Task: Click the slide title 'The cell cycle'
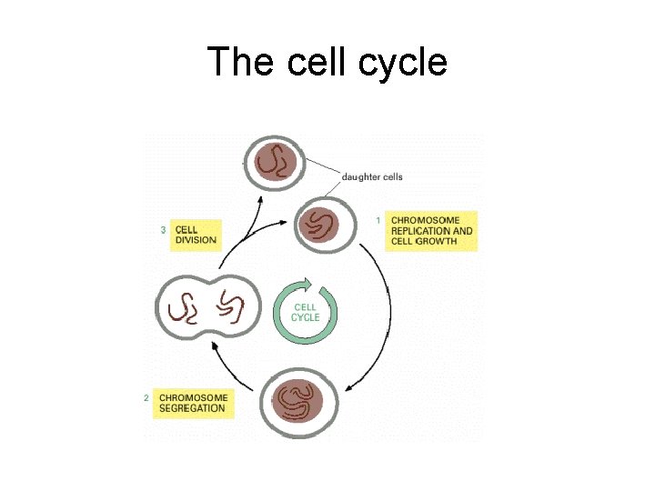327,63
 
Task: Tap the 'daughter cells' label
372,176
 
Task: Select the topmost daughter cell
274,163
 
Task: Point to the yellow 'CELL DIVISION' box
196,235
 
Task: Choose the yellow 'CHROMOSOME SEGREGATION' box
192,403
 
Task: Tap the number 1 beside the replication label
378,220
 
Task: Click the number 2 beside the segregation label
146,397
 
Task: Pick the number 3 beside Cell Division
163,231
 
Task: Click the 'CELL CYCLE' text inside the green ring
306,313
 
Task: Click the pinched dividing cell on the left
206,307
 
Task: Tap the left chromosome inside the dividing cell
185,307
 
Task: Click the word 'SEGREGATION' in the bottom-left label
192,409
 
